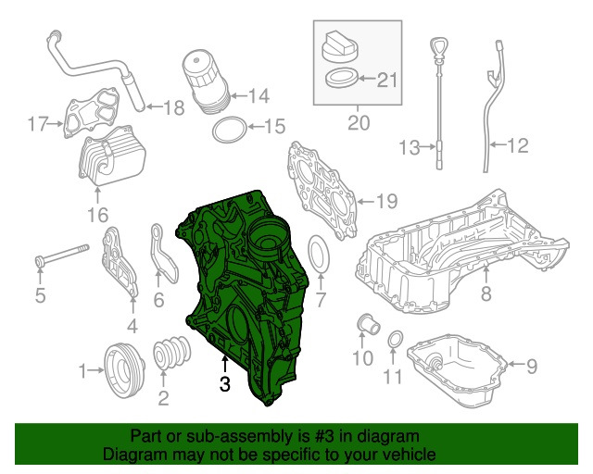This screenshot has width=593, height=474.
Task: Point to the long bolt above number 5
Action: pyautogui.click(x=59, y=255)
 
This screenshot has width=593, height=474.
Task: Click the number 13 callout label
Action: pyautogui.click(x=410, y=146)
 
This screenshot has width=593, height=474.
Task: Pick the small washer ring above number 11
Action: pyautogui.click(x=395, y=341)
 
